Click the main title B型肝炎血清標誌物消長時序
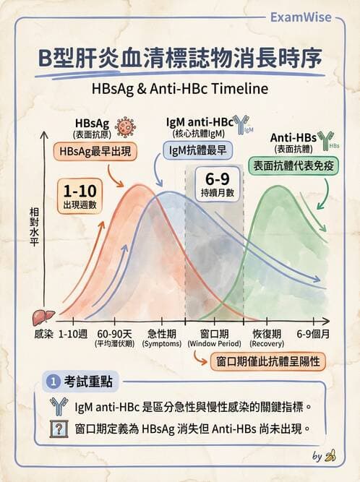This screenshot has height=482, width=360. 180,59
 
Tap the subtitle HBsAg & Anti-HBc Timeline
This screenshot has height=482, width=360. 179,88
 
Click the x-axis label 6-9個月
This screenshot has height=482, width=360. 313,334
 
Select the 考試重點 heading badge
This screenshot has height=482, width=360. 81,381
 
